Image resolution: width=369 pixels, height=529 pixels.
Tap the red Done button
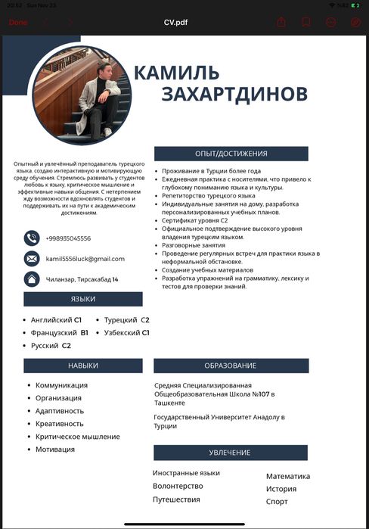[17, 22]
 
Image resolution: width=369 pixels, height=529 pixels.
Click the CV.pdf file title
[175, 22]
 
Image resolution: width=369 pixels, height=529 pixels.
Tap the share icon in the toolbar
[281, 22]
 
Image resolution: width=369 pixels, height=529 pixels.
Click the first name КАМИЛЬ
[177, 73]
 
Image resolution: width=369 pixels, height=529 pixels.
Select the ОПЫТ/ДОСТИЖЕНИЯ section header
[231, 154]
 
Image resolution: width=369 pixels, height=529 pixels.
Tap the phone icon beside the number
[32, 238]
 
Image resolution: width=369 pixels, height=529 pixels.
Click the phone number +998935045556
[68, 238]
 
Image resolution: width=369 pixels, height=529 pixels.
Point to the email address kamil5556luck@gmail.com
[85, 259]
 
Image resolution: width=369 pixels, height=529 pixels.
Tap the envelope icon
[32, 259]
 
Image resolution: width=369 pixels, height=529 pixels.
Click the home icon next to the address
[32, 279]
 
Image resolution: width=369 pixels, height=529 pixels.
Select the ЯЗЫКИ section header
[83, 300]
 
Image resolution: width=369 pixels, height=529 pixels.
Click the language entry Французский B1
[60, 333]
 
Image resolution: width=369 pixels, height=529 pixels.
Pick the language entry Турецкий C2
[127, 320]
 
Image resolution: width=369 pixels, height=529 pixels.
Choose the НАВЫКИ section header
[83, 366]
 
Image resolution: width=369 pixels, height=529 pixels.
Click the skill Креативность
[60, 424]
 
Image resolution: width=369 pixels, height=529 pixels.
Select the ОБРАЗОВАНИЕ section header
[231, 366]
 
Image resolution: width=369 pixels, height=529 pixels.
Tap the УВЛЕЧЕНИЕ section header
[231, 453]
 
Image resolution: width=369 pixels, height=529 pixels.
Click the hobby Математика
[288, 476]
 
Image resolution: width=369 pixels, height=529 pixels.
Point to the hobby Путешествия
[176, 499]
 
